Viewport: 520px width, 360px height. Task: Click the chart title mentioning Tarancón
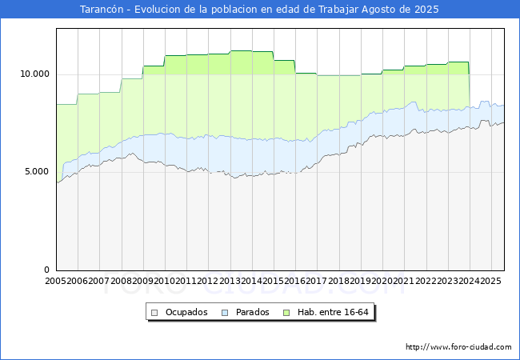point(260,10)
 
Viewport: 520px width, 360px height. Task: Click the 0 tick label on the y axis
point(47,270)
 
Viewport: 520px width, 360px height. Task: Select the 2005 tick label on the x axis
point(56,281)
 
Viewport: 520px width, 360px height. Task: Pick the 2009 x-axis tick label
point(143,281)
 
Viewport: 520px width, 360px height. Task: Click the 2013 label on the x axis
point(230,281)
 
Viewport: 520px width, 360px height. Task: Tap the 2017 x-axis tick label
point(317,281)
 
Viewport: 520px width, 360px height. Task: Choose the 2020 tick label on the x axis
point(382,281)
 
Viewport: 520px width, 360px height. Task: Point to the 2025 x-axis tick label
point(490,281)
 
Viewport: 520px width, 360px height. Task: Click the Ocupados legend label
point(186,312)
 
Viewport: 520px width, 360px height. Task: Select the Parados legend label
point(253,312)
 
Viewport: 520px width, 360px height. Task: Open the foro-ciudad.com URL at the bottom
point(458,347)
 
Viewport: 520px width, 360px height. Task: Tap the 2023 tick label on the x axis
point(446,281)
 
